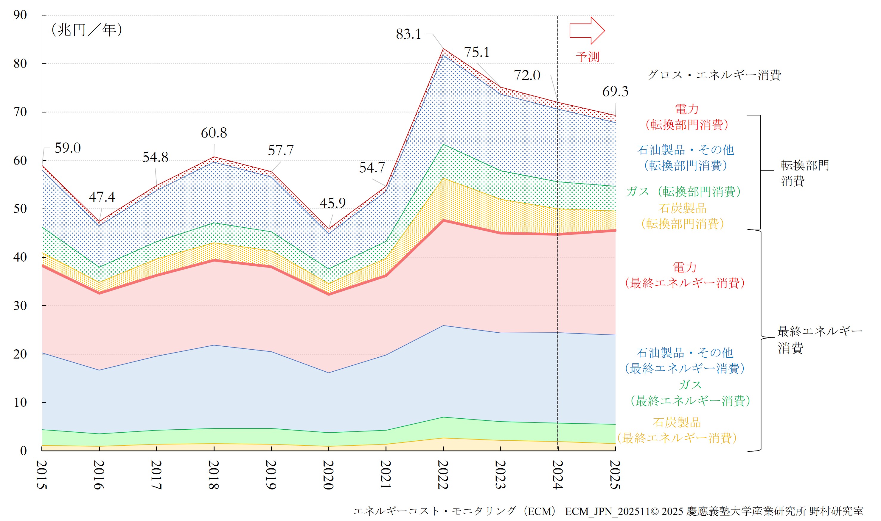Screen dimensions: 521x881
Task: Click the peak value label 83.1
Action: tap(408, 34)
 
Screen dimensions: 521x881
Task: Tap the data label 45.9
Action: tap(332, 203)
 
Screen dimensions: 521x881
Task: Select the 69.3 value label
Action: tap(615, 91)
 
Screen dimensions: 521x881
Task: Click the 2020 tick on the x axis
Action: tap(328, 475)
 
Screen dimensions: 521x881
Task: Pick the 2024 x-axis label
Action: tap(557, 475)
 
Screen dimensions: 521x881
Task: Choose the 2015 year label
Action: tap(42, 475)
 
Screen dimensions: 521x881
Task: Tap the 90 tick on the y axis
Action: tap(20, 15)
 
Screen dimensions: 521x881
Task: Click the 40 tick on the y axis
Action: tap(20, 257)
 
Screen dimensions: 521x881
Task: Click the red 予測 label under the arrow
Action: tap(587, 57)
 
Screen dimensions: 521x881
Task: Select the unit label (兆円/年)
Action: tap(86, 30)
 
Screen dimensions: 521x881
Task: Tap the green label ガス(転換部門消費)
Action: tap(683, 191)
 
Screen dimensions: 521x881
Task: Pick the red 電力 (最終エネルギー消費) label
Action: tap(684, 275)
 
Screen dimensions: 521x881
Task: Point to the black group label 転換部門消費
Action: tap(804, 173)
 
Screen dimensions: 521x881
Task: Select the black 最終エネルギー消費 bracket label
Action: tap(819, 339)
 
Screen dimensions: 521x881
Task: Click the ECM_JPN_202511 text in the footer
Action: tap(607, 511)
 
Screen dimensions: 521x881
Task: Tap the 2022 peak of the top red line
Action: tap(443, 49)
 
